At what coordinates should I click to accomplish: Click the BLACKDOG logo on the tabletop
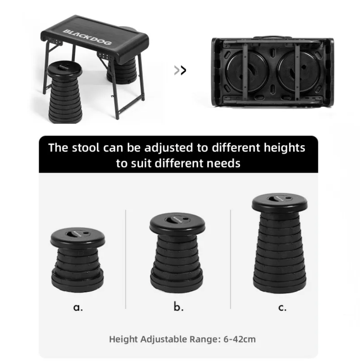(87, 37)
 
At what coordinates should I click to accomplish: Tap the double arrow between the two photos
(180, 70)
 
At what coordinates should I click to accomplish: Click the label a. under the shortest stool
(78, 307)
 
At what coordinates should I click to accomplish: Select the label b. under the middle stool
(178, 307)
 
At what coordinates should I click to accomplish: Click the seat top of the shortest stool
(78, 237)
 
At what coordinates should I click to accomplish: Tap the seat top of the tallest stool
(280, 203)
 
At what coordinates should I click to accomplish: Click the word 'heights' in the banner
(285, 148)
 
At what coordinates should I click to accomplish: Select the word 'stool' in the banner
(85, 148)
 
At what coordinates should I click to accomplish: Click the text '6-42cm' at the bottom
(240, 339)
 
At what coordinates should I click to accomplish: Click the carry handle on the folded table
(271, 37)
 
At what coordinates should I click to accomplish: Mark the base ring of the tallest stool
(280, 285)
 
